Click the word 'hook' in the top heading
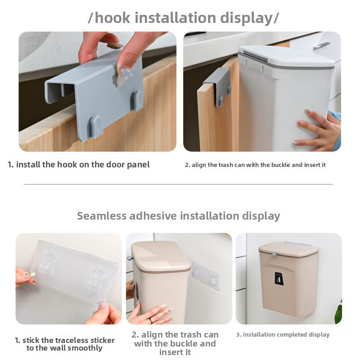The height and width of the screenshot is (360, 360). pyautogui.click(x=112, y=18)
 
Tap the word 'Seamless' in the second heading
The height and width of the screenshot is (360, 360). pyautogui.click(x=102, y=216)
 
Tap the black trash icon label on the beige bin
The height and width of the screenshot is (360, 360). pyautogui.click(x=279, y=279)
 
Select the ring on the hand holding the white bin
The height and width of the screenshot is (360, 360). pyautogui.click(x=327, y=125)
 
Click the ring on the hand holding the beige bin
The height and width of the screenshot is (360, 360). pyautogui.click(x=150, y=320)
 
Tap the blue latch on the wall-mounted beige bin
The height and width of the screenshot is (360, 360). pyautogui.click(x=274, y=255)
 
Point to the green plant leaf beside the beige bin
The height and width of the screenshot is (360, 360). pyautogui.click(x=338, y=312)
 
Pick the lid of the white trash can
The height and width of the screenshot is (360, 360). pyautogui.click(x=286, y=57)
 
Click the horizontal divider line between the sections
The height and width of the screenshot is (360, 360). pyautogui.click(x=178, y=184)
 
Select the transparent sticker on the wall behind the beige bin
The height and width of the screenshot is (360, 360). pyautogui.click(x=205, y=275)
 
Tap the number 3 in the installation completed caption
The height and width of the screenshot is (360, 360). pyautogui.click(x=238, y=335)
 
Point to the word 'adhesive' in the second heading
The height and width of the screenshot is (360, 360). pyautogui.click(x=153, y=216)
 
